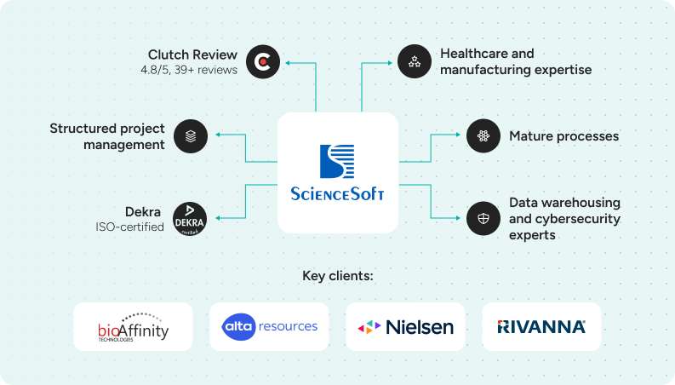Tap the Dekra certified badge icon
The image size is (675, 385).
(190, 219)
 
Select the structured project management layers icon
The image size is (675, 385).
(191, 135)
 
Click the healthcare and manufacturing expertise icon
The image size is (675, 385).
(415, 61)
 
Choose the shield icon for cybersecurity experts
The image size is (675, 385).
(483, 219)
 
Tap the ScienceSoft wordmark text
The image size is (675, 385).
(338, 193)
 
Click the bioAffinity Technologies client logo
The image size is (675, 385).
(133, 327)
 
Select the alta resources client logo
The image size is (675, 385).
(269, 326)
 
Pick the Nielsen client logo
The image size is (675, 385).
(405, 327)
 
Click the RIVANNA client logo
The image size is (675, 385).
(541, 326)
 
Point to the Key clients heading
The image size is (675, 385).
(338, 276)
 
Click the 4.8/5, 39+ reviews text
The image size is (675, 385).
(189, 70)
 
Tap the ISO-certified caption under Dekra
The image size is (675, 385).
(129, 227)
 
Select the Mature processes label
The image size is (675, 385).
(563, 136)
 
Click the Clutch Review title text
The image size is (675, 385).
(192, 55)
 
